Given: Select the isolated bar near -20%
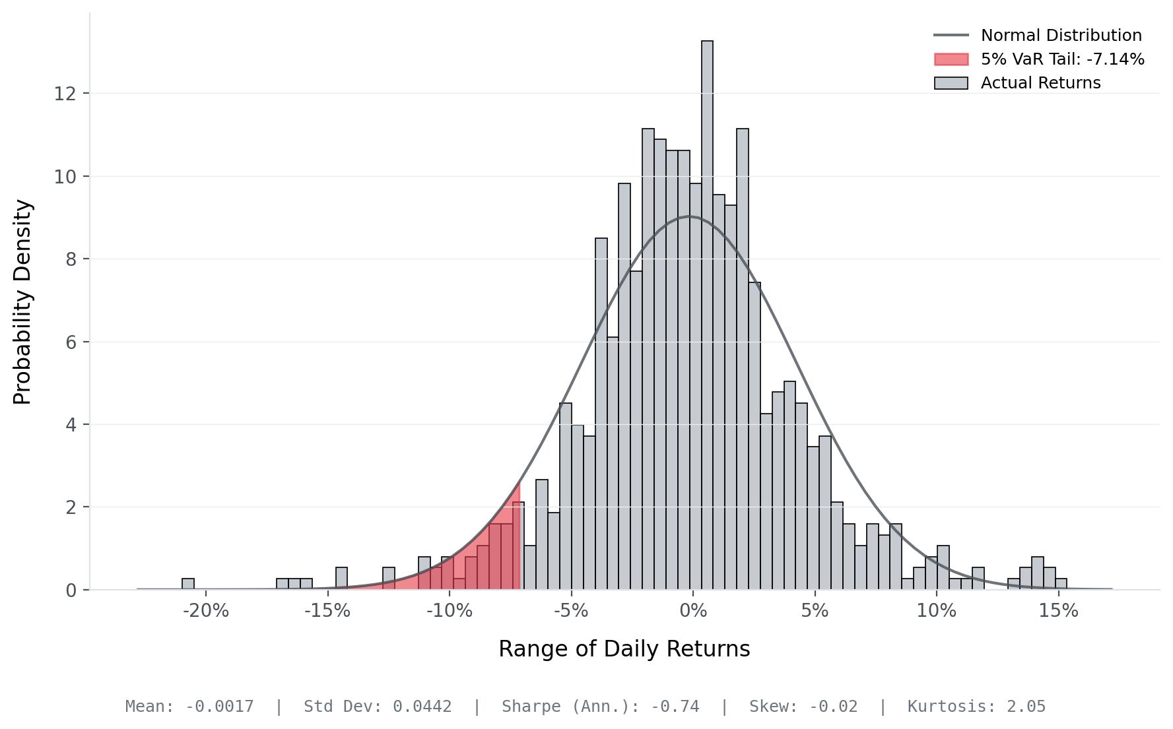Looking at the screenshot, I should click(188, 584).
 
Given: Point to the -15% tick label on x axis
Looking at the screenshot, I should click(327, 611).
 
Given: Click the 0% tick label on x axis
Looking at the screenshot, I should click(693, 611).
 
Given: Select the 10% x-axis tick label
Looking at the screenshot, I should click(936, 611).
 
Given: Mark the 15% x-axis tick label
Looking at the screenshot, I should click(1058, 611).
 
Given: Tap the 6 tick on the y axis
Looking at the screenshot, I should click(71, 342).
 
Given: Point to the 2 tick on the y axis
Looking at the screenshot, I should click(71, 507).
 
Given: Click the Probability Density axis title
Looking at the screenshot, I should click(23, 301).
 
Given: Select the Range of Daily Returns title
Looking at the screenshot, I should click(624, 649).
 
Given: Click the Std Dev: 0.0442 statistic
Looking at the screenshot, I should click(378, 707).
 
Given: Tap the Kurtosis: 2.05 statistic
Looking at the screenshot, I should click(976, 707).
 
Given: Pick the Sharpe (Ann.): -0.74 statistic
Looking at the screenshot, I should click(600, 707).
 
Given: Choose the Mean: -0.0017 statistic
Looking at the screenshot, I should click(189, 707).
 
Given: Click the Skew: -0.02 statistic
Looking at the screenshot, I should click(803, 707).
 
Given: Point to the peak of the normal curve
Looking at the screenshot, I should click(690, 216).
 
